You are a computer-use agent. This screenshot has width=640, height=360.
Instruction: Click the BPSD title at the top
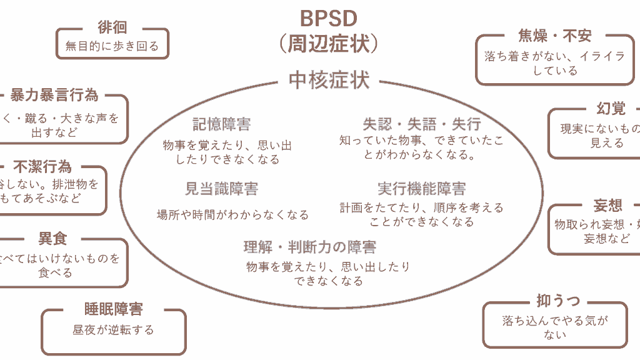click(329, 17)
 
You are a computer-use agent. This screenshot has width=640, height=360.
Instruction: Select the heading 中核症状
click(329, 79)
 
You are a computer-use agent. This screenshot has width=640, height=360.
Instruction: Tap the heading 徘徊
click(112, 27)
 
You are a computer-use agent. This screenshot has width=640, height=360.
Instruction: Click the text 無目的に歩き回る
click(112, 46)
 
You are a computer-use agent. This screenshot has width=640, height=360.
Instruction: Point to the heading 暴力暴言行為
click(54, 95)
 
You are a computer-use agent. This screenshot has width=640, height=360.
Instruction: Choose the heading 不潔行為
click(42, 167)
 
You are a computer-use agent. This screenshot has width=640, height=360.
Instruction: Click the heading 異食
click(52, 239)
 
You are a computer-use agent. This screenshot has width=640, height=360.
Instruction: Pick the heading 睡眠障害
click(114, 309)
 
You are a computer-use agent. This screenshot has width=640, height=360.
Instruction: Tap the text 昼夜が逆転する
click(113, 329)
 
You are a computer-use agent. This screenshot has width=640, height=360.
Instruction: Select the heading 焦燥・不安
click(555, 36)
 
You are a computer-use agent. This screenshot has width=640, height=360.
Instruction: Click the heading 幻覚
click(611, 109)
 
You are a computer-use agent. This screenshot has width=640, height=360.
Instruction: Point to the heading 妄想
click(607, 206)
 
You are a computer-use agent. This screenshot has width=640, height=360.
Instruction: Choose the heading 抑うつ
click(554, 301)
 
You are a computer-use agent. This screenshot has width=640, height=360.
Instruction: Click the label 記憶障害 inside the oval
click(221, 124)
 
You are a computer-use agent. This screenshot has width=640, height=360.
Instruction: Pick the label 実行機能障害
click(422, 188)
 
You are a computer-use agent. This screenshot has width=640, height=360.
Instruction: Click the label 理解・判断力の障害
click(310, 247)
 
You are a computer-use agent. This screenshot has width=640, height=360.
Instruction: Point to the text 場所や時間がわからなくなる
click(232, 215)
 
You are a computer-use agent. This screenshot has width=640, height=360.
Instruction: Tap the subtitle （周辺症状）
click(329, 44)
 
